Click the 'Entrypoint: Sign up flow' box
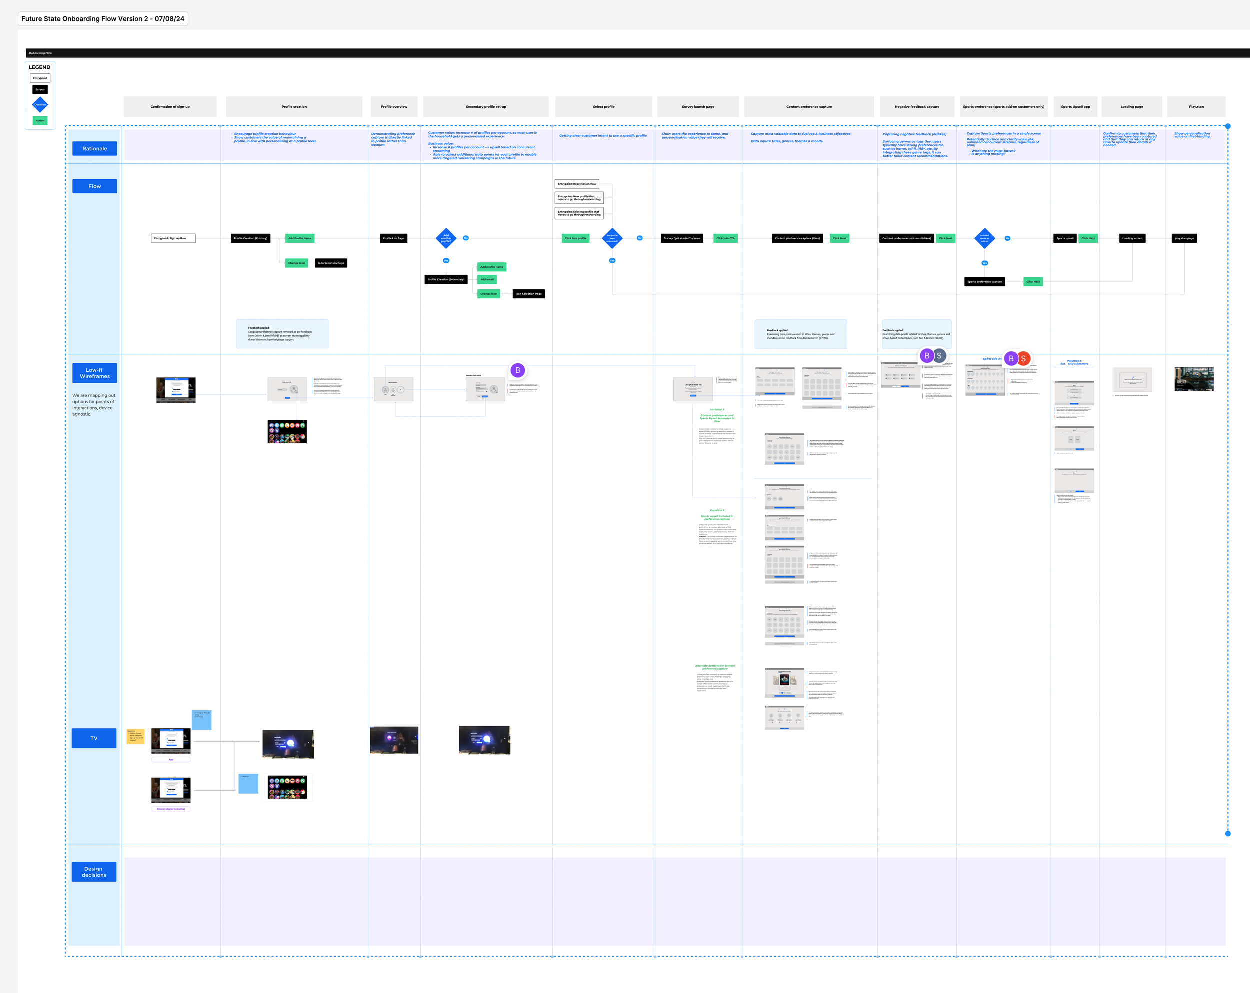[x=173, y=238]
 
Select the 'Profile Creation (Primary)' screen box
[x=250, y=238]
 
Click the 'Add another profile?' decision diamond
[x=446, y=238]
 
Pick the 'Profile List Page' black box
[x=393, y=238]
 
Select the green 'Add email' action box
[x=487, y=279]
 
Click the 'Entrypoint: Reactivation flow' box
[x=577, y=183]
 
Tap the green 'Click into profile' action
[x=575, y=238]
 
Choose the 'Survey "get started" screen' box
[x=682, y=238]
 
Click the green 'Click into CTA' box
[x=725, y=238]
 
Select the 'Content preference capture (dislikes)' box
[x=907, y=238]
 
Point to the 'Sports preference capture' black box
[x=984, y=281]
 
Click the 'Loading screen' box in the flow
[x=1132, y=238]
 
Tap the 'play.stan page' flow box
[x=1184, y=238]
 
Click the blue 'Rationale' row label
[x=94, y=149]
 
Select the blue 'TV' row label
[x=94, y=738]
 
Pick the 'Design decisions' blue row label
[x=94, y=872]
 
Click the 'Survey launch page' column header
[x=698, y=106]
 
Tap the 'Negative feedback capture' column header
[x=916, y=106]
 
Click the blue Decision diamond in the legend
[x=40, y=105]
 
